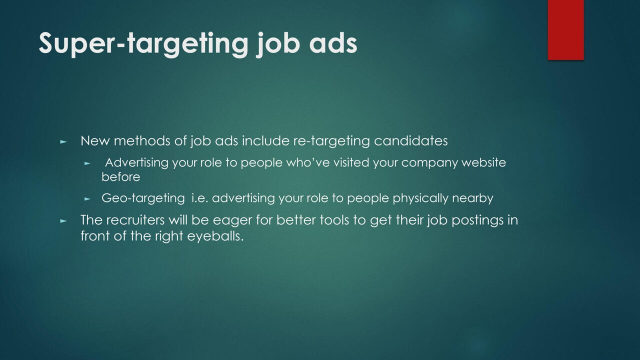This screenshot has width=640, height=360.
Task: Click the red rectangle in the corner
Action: (x=565, y=29)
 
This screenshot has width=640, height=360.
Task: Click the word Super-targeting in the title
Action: (x=143, y=43)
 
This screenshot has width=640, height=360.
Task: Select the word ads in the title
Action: (x=333, y=43)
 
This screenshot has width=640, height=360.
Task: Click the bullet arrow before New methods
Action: (x=63, y=141)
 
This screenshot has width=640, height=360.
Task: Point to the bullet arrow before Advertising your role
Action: (x=87, y=163)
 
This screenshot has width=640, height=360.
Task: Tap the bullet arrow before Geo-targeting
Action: (x=87, y=199)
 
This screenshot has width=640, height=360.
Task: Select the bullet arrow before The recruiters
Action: (x=63, y=221)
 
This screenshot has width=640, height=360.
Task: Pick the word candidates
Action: (x=411, y=141)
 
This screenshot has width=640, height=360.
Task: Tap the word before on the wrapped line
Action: (x=121, y=177)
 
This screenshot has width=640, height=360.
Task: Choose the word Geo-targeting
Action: (x=143, y=198)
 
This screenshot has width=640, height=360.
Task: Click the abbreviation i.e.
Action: (x=199, y=198)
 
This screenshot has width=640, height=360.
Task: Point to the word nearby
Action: (x=472, y=198)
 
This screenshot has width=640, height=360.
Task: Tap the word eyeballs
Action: (x=215, y=236)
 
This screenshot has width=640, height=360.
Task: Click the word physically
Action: (x=419, y=198)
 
